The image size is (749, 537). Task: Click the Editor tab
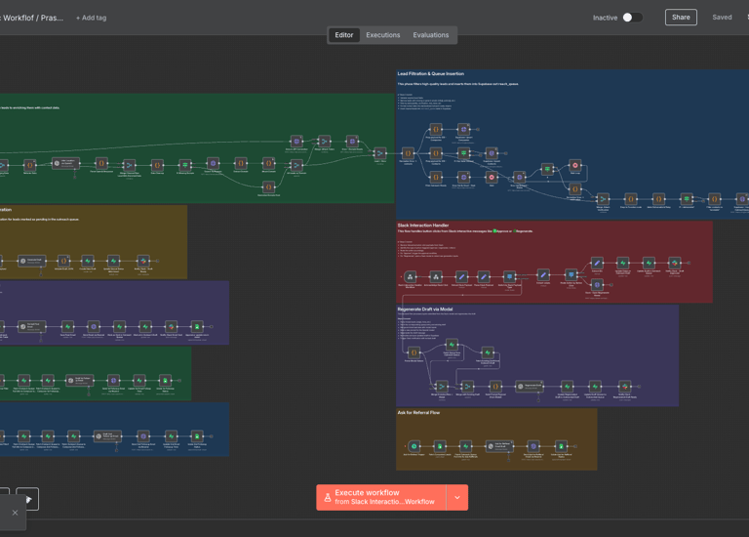click(344, 35)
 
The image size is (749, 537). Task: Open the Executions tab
click(383, 35)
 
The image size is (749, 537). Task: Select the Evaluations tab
click(431, 35)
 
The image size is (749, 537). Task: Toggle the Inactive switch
click(632, 18)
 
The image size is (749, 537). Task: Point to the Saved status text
click(722, 18)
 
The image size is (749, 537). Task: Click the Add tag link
click(92, 18)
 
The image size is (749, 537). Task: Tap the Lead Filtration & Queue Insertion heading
click(431, 74)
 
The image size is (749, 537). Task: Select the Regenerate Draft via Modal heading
click(425, 310)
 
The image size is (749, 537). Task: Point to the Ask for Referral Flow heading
click(418, 413)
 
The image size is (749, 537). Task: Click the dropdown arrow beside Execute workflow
click(457, 497)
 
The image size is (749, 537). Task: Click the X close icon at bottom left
click(15, 513)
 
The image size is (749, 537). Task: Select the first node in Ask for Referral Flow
click(414, 446)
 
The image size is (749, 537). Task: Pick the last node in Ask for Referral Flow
click(562, 446)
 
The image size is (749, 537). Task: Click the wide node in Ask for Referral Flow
click(498, 446)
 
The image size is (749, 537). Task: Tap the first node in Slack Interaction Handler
click(411, 277)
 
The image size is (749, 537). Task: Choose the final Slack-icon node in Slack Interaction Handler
click(674, 263)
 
